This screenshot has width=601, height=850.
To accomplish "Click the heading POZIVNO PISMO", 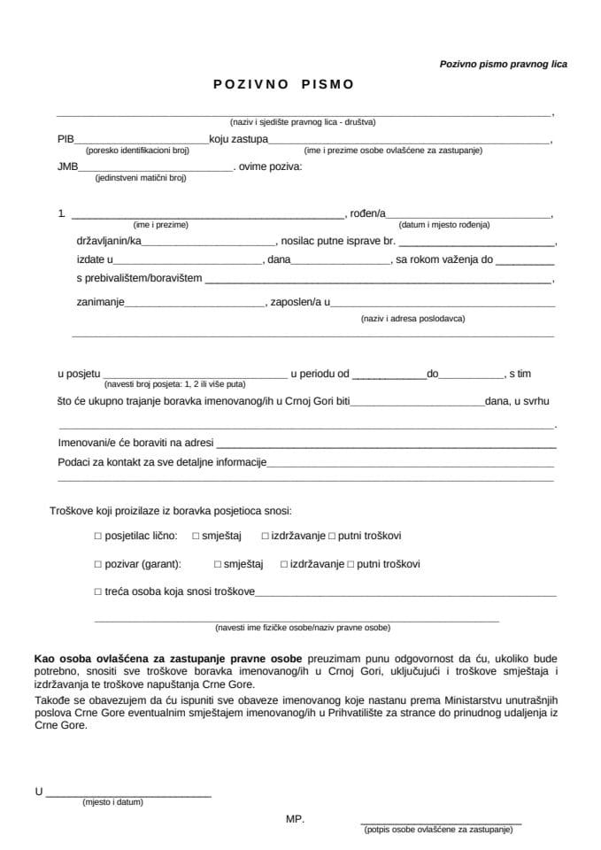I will point(283,85).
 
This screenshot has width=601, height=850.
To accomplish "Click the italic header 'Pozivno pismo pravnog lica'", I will point(503,64).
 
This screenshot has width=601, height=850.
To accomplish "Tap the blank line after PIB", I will point(143,140).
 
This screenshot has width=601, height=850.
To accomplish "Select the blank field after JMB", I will point(156,166).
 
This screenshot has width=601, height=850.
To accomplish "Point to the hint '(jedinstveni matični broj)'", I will point(141,178).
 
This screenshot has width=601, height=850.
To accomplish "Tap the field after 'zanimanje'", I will point(196,302).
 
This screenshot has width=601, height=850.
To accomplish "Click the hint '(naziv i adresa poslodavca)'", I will point(412,318).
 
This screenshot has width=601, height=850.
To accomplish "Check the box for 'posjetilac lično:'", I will point(98,537).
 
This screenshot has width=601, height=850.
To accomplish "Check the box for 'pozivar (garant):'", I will point(98,564).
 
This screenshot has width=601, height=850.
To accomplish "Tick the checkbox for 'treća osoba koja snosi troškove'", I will point(98,591).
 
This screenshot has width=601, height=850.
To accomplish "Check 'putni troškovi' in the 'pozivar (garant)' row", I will point(351,564).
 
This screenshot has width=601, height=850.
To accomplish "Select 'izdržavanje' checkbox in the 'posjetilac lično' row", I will point(266,537).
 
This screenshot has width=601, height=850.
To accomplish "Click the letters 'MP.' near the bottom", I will point(295,819).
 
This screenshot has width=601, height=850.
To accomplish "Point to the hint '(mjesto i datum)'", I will point(112,802).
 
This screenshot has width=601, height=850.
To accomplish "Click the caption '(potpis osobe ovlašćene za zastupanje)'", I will point(438,830).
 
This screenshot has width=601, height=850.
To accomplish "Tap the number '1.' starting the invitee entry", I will point(61,213).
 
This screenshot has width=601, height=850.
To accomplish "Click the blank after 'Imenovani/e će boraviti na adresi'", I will point(385,441).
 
